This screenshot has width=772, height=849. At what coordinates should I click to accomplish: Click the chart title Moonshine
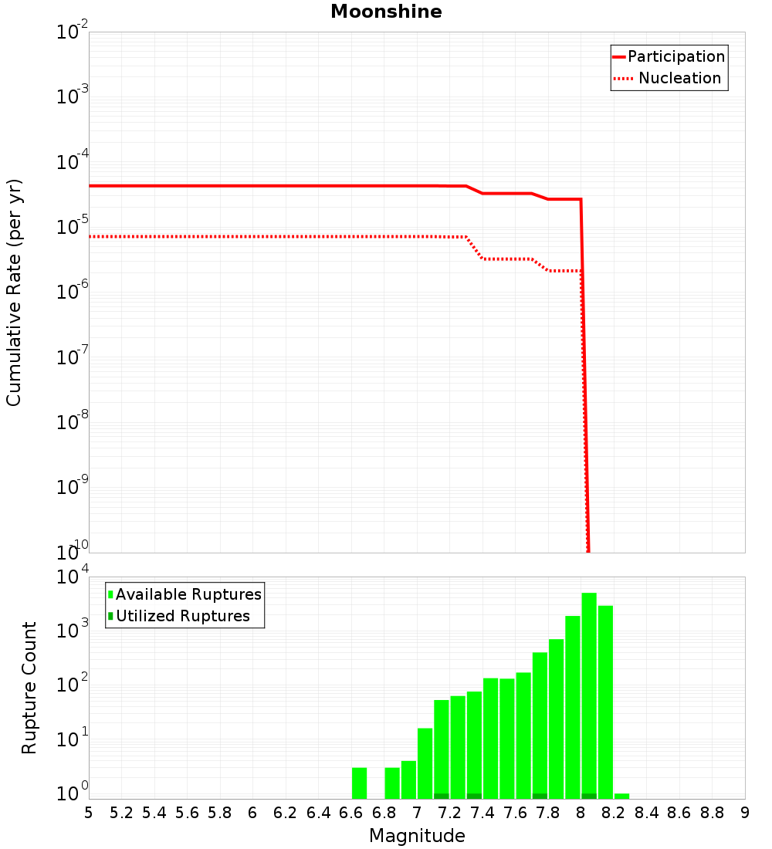coord(386,12)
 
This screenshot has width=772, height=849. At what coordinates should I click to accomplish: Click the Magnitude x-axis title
coord(417,836)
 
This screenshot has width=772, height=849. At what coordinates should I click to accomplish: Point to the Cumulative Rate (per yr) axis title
coord(14,292)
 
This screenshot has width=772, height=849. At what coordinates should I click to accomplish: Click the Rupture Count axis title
coord(29,688)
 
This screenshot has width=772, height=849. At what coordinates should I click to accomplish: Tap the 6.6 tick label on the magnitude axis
coord(351,813)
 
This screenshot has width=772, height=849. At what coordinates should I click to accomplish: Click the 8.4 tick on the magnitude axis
coord(647,813)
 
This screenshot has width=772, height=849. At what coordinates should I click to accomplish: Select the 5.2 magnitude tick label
coord(121,813)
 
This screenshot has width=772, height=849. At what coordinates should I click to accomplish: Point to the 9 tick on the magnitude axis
coord(745,813)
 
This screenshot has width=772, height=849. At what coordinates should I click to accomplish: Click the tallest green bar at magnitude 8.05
coord(589,695)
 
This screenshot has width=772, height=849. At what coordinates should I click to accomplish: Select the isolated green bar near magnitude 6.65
coord(359,783)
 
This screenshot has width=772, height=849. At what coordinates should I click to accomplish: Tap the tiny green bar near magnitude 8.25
coord(621,796)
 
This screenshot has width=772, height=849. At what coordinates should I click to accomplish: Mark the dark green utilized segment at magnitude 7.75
coord(540,796)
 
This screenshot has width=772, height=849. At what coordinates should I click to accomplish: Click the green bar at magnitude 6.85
coord(392,783)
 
